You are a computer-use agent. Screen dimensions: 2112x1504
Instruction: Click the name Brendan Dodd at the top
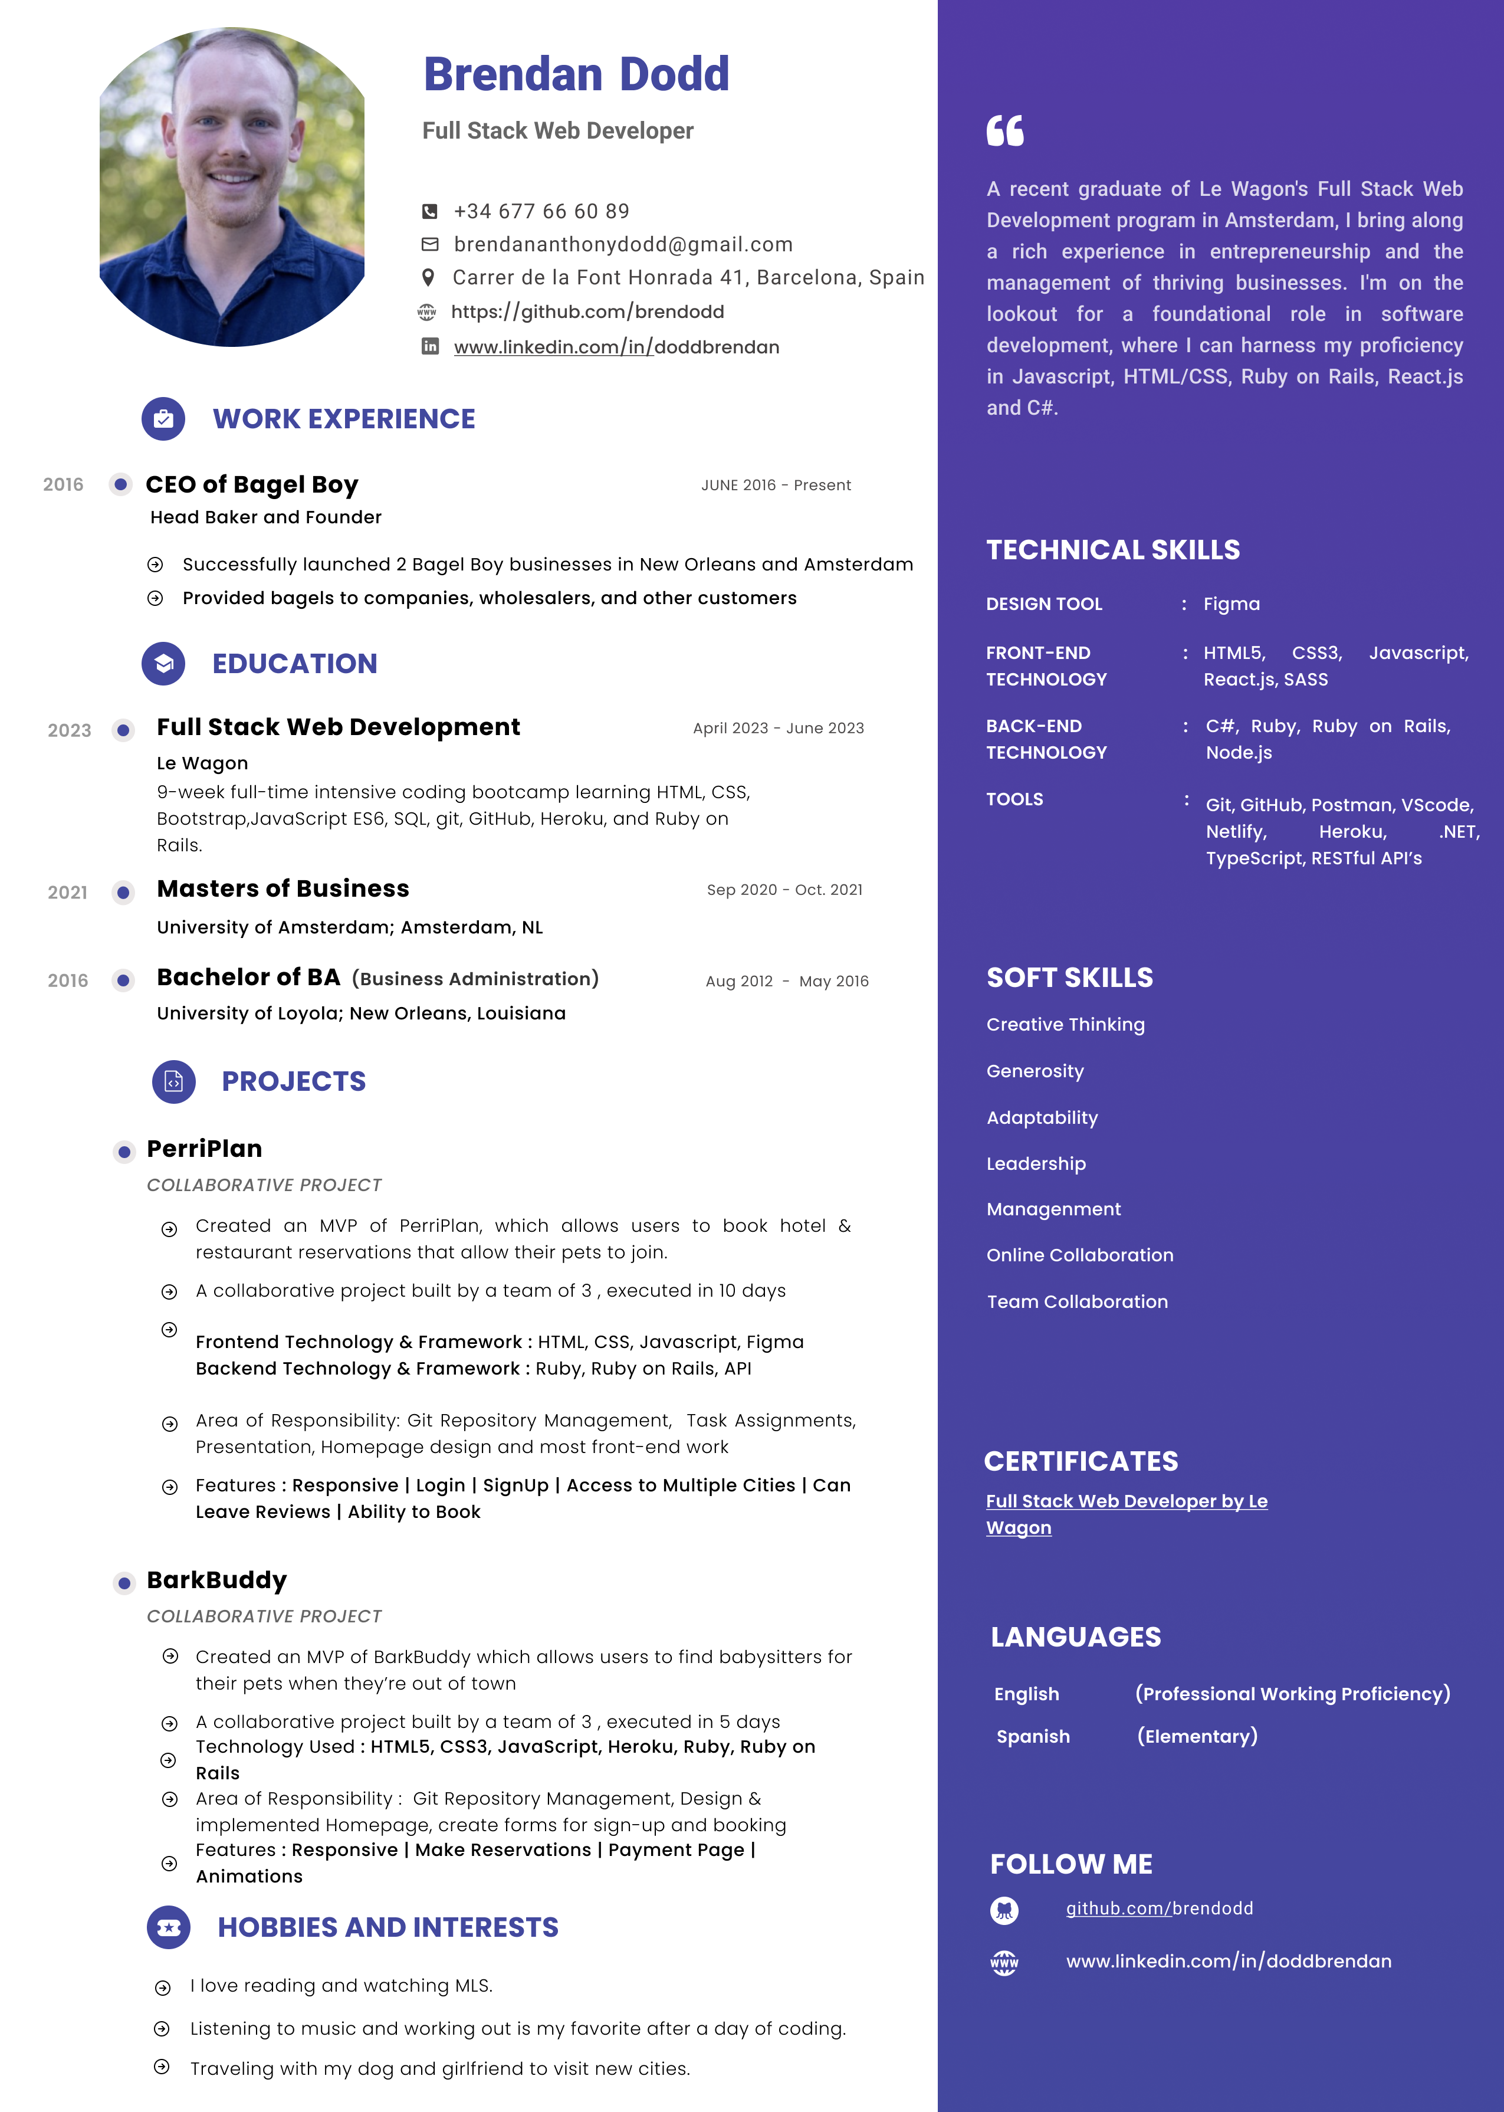click(576, 75)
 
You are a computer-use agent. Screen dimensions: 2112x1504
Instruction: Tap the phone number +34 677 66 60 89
click(541, 211)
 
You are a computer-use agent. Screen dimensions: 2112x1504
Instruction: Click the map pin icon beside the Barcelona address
click(428, 277)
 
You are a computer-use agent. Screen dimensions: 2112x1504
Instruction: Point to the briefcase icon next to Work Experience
click(163, 419)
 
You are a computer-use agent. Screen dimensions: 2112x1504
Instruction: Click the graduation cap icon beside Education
click(163, 663)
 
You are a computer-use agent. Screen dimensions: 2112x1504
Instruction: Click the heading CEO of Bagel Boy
click(251, 484)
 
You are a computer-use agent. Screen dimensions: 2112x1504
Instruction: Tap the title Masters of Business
click(283, 888)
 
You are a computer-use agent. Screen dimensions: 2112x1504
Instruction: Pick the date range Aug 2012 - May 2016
click(786, 981)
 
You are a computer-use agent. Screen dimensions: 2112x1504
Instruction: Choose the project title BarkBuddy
click(216, 1580)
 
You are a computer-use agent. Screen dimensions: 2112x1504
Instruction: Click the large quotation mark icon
click(1005, 130)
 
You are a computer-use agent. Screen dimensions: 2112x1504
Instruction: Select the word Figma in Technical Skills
click(1231, 604)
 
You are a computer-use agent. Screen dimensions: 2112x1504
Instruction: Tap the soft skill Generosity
click(1035, 1071)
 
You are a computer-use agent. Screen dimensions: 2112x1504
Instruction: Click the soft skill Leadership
click(1035, 1163)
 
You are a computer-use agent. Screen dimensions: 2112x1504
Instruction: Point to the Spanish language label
click(1033, 1736)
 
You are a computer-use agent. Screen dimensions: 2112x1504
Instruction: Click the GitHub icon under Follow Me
click(1004, 1909)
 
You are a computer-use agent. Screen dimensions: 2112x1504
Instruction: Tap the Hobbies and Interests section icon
click(169, 1928)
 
